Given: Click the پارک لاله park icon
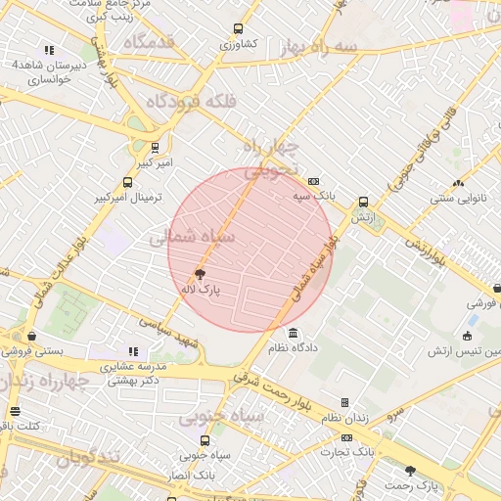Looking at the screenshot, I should point(201,275).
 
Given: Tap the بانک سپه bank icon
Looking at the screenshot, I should point(313,181).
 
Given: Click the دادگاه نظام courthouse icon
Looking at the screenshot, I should point(295,335).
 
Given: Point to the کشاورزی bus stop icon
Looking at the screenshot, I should point(238,29).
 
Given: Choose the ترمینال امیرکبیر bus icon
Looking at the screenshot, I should point(127,182).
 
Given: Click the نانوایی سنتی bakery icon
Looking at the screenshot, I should point(458,183).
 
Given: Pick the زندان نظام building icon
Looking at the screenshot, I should point(344,402).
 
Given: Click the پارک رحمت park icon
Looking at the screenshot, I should point(411,471).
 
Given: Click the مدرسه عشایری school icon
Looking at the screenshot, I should point(134,351).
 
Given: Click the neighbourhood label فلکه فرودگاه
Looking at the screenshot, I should point(187,102).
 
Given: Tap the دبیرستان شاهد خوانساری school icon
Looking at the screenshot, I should point(49,50).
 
